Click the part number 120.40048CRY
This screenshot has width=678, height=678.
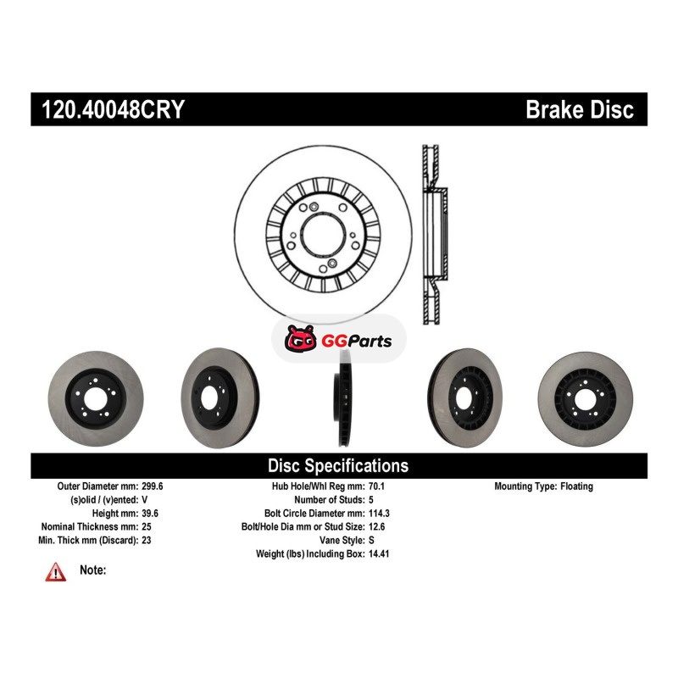[x=113, y=109]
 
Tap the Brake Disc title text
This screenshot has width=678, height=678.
[x=579, y=109]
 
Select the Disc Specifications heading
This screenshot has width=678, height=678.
[x=338, y=465]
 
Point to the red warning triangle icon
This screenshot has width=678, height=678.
[x=56, y=573]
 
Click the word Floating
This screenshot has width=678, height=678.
[x=576, y=486]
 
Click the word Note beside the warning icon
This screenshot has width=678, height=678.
[x=92, y=570]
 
